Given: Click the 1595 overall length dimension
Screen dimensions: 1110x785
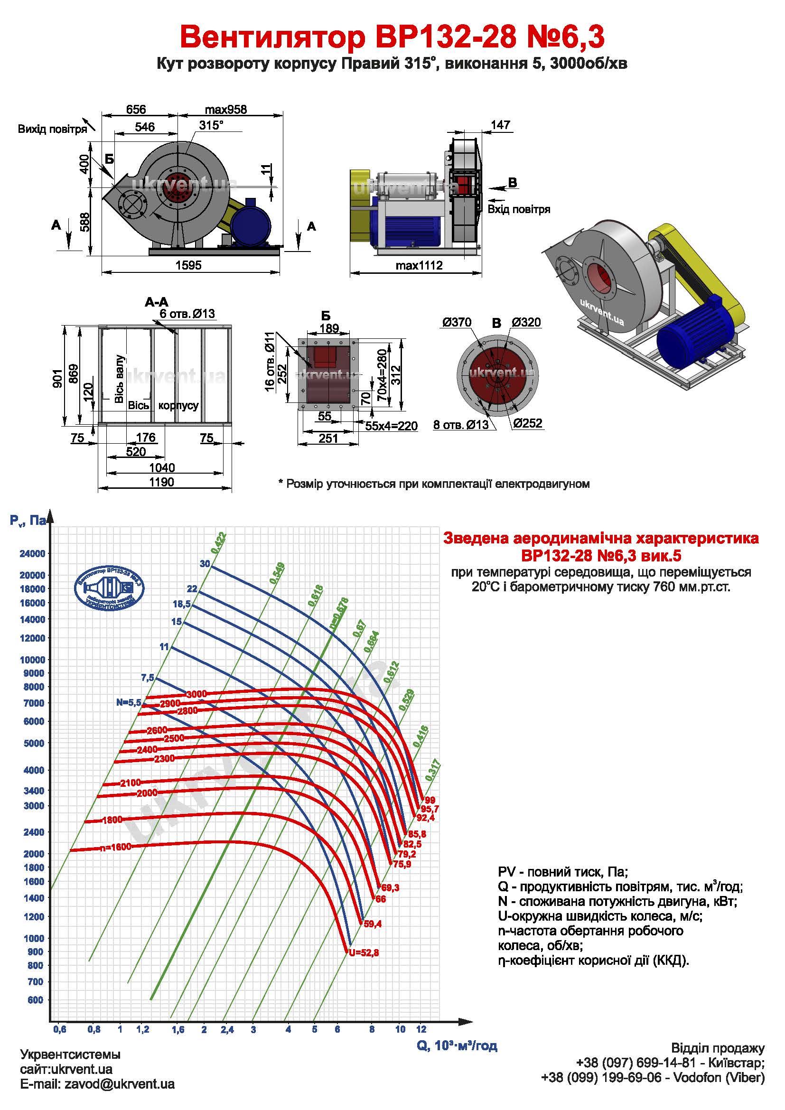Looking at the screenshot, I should tap(188, 265).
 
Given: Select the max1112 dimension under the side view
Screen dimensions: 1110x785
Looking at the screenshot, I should tap(419, 265).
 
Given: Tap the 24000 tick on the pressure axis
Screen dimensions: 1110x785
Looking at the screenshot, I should tap(32, 553).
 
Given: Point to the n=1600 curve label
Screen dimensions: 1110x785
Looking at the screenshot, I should tap(115, 848).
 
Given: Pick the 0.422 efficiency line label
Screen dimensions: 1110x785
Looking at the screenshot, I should tap(218, 542).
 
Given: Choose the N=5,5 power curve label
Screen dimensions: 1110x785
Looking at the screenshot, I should tap(128, 702).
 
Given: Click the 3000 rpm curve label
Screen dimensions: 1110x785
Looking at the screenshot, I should tap(196, 694).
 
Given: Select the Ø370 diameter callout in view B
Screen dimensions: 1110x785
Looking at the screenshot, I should tap(457, 322).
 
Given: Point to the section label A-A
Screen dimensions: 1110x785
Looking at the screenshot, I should tap(157, 302).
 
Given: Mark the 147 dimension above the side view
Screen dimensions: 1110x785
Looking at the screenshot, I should tap(500, 125).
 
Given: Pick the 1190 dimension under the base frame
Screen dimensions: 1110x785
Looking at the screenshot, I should tap(161, 482).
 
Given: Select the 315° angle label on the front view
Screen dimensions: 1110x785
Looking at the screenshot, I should tap(212, 125).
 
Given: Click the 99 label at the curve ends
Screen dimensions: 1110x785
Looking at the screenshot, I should tap(430, 800).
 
